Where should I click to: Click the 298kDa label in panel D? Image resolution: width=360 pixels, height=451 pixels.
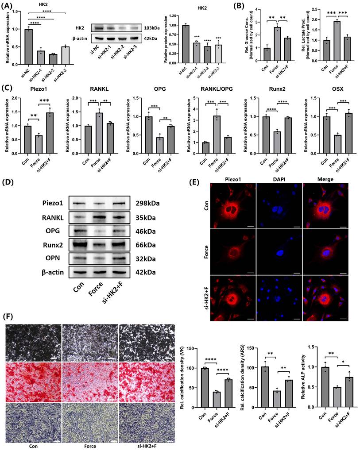point(148,204)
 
